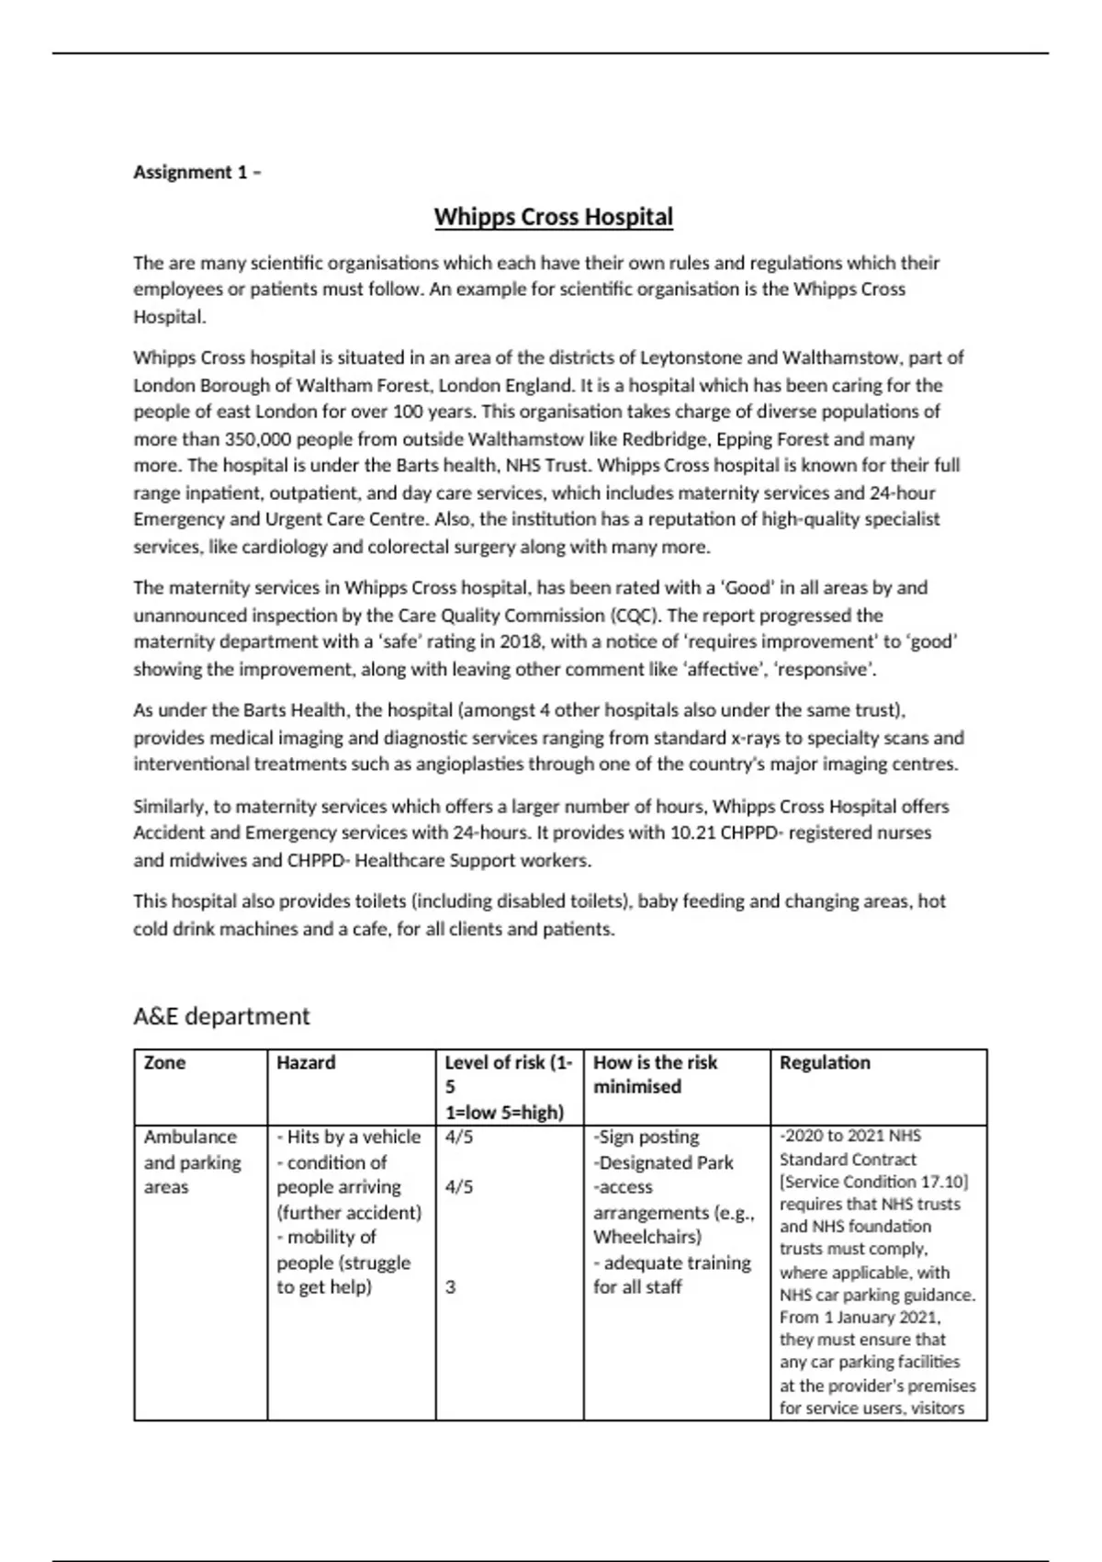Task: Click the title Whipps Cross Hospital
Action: pyautogui.click(x=553, y=218)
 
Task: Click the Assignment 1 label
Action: pyautogui.click(x=197, y=172)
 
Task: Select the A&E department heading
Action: pyautogui.click(x=221, y=1016)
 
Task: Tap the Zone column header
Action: pyautogui.click(x=164, y=1063)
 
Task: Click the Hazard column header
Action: pyautogui.click(x=306, y=1063)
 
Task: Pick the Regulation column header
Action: pyautogui.click(x=825, y=1063)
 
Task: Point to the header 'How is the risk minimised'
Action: pyautogui.click(x=655, y=1074)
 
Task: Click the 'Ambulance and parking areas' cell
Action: pyautogui.click(x=191, y=1162)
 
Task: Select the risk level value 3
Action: pyautogui.click(x=450, y=1287)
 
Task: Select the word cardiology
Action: pyautogui.click(x=284, y=547)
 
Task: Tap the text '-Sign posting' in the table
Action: pyautogui.click(x=646, y=1138)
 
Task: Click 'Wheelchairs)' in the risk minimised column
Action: pyautogui.click(x=647, y=1237)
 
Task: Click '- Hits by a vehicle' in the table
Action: pyautogui.click(x=348, y=1138)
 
